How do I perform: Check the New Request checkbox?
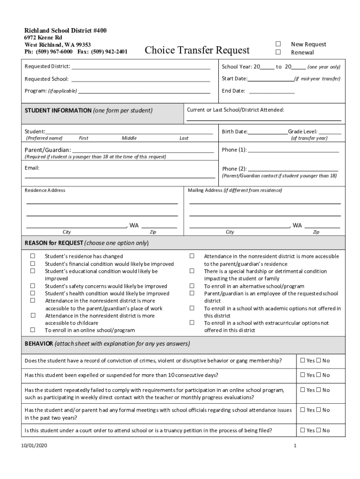278,44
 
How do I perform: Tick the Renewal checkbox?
278,52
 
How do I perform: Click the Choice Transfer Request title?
197,50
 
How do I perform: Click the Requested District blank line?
141,68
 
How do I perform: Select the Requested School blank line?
141,80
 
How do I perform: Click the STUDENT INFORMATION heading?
58,111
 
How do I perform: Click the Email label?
32,168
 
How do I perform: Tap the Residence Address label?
45,190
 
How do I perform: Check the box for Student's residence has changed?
33,256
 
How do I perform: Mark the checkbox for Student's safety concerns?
33,286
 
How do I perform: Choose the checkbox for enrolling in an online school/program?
33,330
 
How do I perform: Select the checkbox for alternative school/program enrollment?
192,286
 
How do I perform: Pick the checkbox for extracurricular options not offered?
192,323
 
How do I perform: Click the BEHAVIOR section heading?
39,344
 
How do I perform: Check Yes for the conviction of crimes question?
302,361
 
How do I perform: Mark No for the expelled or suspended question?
318,375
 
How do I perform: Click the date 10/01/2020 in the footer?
34,446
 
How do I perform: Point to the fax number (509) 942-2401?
109,51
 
